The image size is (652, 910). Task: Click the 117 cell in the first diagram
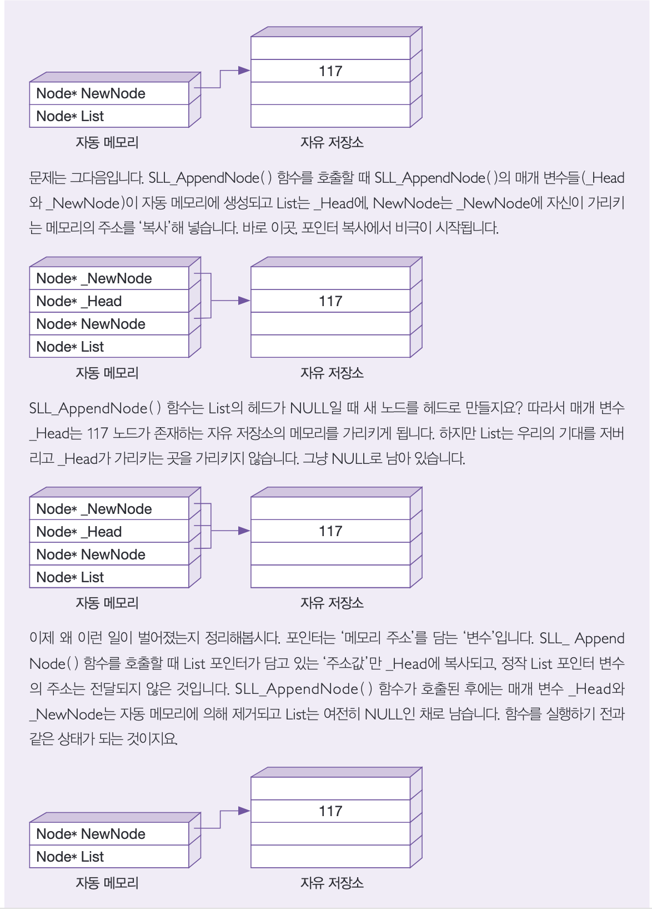click(x=330, y=71)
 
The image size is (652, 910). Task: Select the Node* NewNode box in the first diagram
click(x=109, y=93)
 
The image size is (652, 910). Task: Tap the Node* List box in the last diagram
click(x=109, y=857)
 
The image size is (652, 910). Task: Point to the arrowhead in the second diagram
click(x=244, y=301)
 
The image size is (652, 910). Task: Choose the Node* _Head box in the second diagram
click(x=109, y=301)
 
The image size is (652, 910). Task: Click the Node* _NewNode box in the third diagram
click(x=109, y=509)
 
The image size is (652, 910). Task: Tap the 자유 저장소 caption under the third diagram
click(x=332, y=603)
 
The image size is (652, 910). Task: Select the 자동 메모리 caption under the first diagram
click(x=107, y=143)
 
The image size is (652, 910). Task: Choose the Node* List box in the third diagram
click(x=109, y=577)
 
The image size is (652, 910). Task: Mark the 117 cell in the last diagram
click(x=330, y=811)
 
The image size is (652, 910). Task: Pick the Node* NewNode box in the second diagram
click(x=109, y=324)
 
